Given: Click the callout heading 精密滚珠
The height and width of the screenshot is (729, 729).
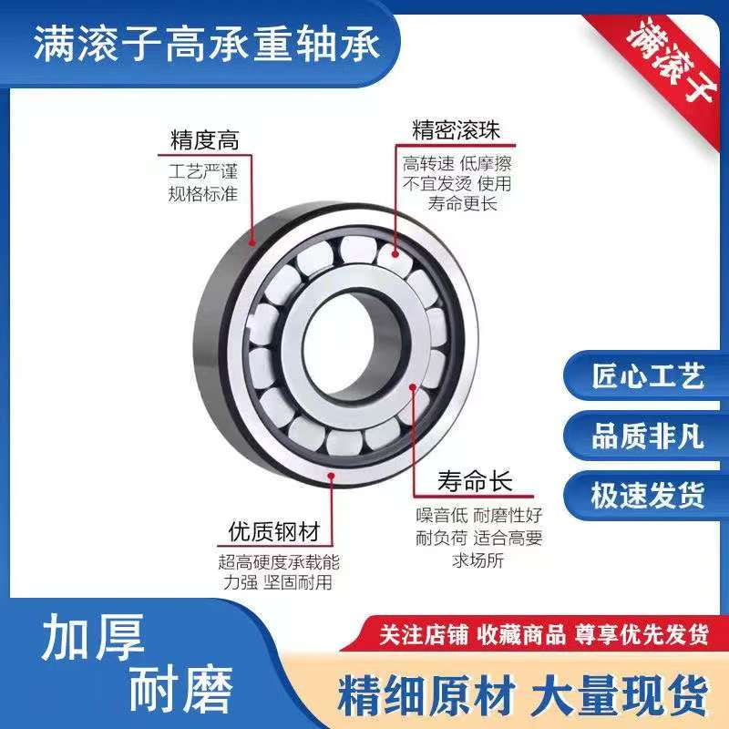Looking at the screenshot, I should click(456, 129).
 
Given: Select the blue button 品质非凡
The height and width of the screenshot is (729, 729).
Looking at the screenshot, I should click(647, 436).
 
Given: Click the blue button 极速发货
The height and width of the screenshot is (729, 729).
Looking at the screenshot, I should click(647, 495).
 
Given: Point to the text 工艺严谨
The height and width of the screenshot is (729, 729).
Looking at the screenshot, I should click(203, 170).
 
